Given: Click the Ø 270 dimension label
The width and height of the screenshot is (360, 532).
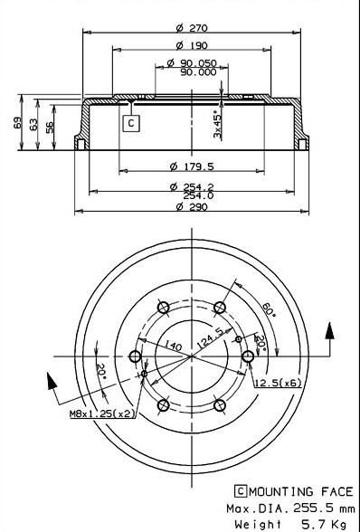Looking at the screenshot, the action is pos(192,28).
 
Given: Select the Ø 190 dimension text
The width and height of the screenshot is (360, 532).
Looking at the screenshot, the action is pos(192,45).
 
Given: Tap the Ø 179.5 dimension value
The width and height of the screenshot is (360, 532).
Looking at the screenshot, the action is pos(192,166).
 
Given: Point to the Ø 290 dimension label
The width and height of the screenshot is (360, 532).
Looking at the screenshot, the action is pos(192,206).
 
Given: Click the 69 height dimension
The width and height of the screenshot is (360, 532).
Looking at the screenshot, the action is pos(17,123).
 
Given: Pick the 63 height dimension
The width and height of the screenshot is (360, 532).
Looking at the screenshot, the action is pos(33,125).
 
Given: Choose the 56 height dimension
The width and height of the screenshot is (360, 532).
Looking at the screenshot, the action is pos(50,128).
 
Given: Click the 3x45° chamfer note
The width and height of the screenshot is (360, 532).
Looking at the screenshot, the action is pos(217,124).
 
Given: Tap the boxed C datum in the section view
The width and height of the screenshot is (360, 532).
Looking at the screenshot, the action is pos(131,123).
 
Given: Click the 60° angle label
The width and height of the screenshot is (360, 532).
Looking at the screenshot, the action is pos(270,309).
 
